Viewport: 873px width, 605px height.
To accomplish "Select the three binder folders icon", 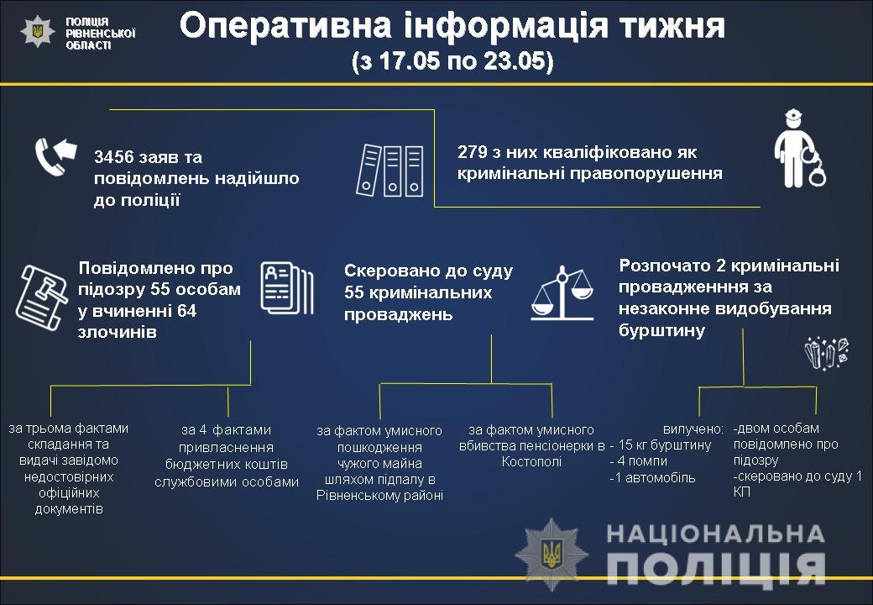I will pos(392,171).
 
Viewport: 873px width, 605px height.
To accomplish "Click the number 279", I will pos(473,153).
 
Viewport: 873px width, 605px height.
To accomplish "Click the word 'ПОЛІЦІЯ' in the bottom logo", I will pos(714,568).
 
